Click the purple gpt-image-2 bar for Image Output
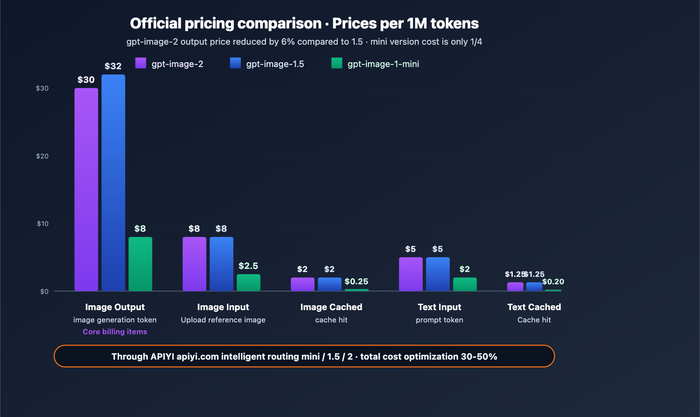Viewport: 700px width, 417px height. (x=86, y=189)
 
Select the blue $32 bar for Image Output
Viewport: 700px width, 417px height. (x=113, y=183)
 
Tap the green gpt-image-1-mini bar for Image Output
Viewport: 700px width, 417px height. (x=140, y=264)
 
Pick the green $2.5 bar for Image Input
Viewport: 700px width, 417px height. (x=248, y=283)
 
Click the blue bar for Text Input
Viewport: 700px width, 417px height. (x=438, y=274)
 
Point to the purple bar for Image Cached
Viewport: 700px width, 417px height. (x=303, y=284)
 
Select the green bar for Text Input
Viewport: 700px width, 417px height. (x=465, y=284)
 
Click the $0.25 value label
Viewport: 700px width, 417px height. (x=357, y=282)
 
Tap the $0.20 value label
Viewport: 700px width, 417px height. (x=553, y=282)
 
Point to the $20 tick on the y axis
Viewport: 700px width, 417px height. (x=42, y=156)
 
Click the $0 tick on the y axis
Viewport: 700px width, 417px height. (x=44, y=292)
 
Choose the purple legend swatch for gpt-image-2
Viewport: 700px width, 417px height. (x=141, y=63)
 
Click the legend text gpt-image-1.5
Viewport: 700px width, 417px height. (x=275, y=64)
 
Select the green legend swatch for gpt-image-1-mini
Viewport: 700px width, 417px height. (x=337, y=63)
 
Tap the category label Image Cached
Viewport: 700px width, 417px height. (x=331, y=307)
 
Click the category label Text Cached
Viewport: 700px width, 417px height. (x=534, y=307)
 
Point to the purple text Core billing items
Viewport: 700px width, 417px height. (x=115, y=332)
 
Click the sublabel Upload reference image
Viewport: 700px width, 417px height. (x=223, y=320)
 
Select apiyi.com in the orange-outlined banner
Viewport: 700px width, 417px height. (x=198, y=357)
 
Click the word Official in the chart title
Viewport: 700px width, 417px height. (x=156, y=23)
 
